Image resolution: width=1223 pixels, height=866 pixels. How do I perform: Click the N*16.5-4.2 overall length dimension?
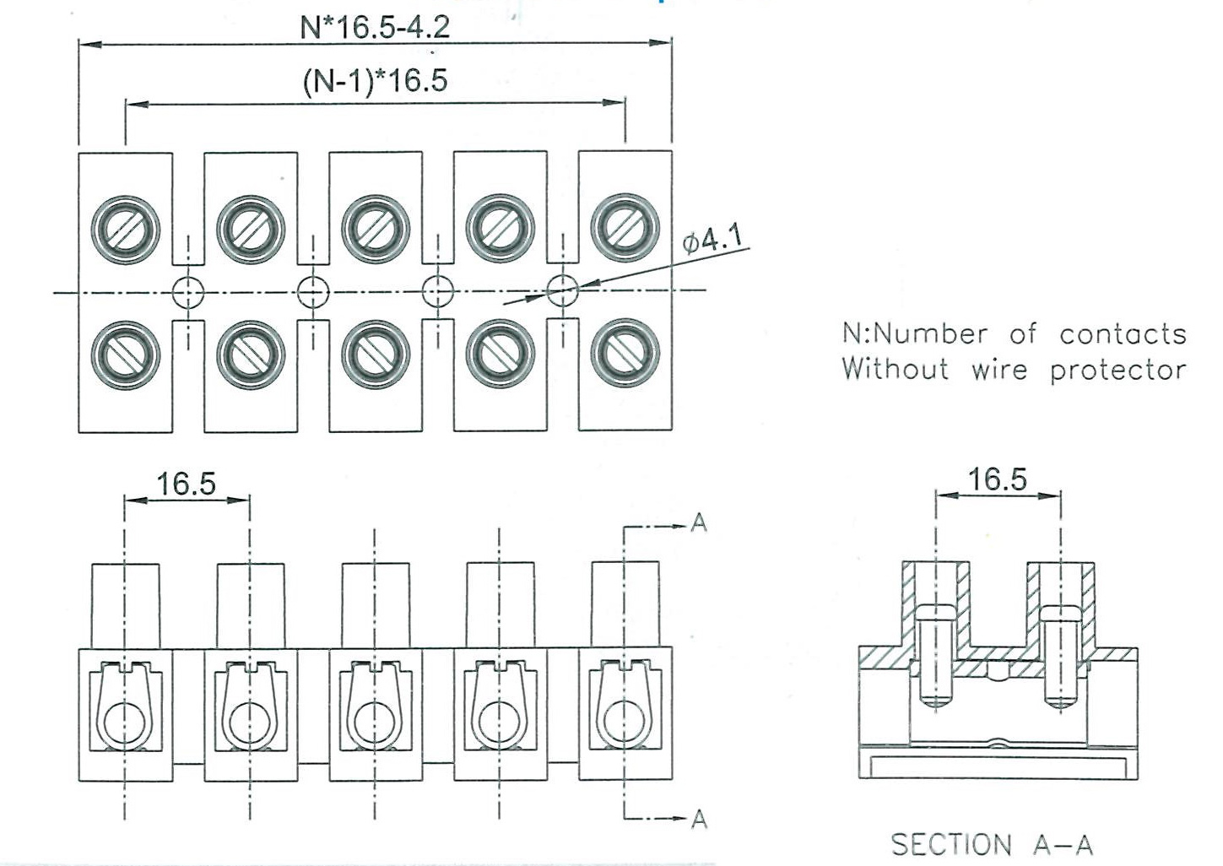tap(375, 26)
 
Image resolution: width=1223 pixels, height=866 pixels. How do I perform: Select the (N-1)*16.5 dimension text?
tap(375, 81)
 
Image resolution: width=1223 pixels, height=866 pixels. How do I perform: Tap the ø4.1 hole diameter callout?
tap(714, 240)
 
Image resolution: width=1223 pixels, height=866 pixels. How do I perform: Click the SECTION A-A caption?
tap(992, 844)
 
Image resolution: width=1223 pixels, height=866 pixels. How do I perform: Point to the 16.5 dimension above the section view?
tap(997, 479)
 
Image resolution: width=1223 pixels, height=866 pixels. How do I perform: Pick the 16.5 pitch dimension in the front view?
tap(186, 484)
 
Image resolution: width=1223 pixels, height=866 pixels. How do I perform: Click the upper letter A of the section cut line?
tap(699, 523)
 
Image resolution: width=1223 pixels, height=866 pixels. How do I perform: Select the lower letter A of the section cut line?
tap(699, 819)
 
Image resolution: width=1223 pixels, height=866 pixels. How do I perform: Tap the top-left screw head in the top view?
tap(125, 230)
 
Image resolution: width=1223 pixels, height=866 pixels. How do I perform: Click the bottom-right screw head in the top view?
tap(625, 354)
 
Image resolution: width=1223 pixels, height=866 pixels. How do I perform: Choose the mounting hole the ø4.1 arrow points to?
tap(562, 292)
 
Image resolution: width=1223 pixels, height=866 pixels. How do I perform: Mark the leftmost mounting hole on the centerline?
tap(188, 293)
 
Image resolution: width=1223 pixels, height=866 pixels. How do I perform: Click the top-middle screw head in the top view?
tap(376, 229)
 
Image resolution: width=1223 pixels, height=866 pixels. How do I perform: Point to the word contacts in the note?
tap(1123, 334)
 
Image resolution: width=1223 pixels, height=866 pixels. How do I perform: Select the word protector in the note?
tap(1117, 371)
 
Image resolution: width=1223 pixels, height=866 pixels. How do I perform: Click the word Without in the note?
tap(895, 370)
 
